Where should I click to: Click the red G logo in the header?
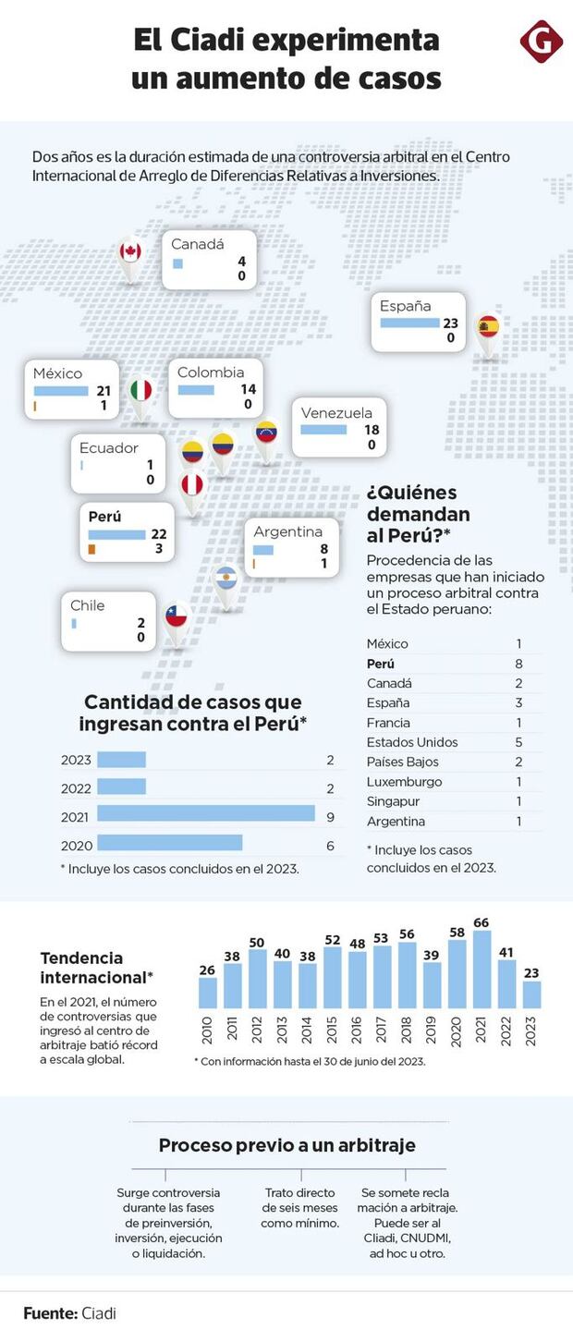541,42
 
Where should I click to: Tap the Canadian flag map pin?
130,252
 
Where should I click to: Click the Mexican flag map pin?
140,391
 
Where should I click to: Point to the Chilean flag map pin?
176,616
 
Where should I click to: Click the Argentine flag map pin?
226,580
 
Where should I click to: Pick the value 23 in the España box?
450,323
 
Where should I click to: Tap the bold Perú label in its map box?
104,517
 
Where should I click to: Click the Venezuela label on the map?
336,413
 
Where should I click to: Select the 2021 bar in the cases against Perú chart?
206,813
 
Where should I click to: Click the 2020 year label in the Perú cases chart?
76,846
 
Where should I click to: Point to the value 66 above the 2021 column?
481,922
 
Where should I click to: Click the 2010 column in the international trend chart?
208,992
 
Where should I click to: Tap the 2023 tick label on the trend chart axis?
530,1031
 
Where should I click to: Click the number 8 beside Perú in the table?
519,664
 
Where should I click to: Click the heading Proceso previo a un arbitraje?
286,1145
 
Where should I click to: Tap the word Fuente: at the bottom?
49,1313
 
